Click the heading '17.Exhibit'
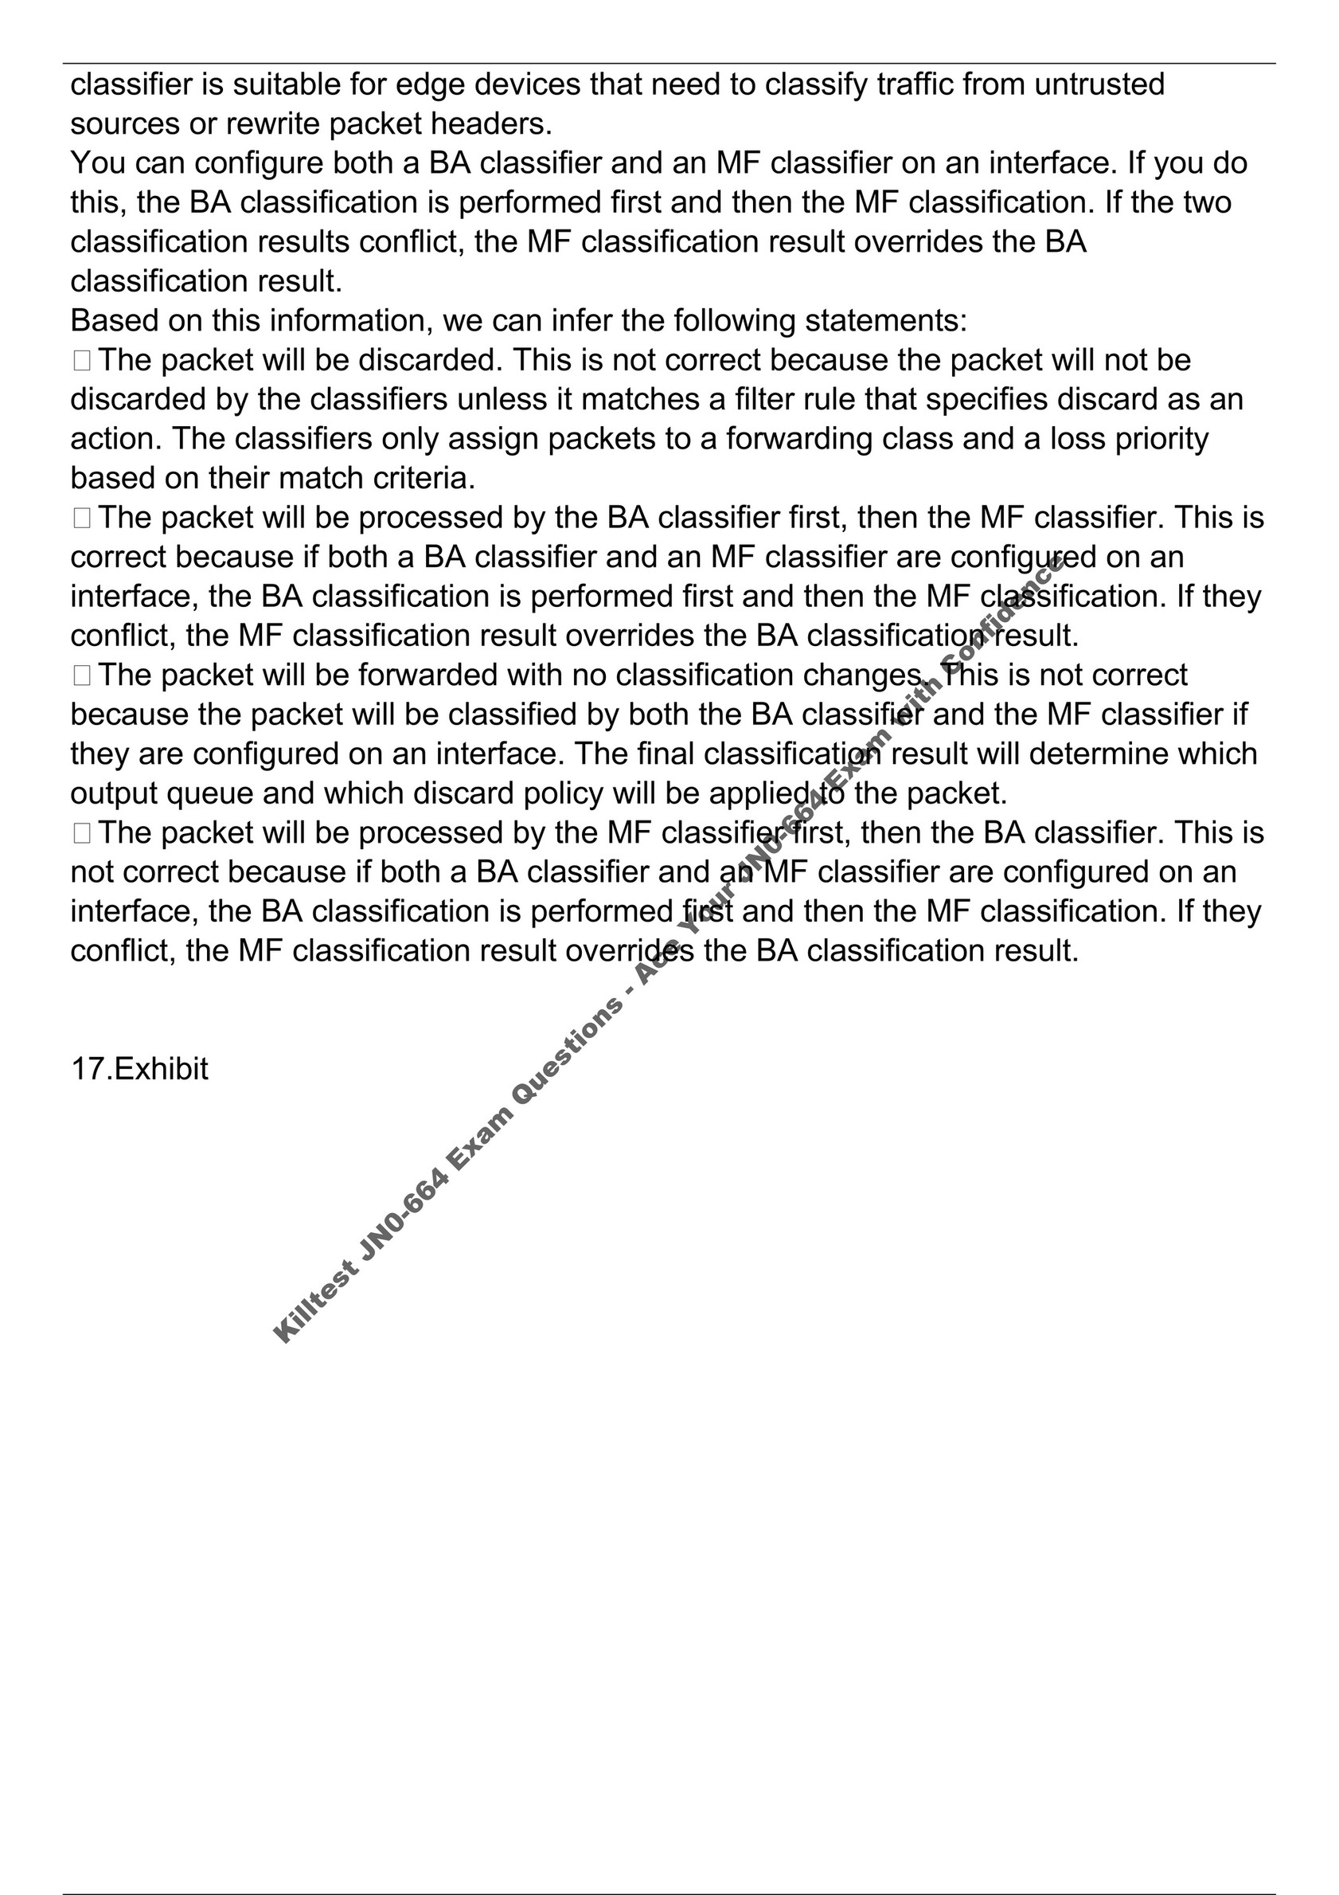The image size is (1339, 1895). (139, 1069)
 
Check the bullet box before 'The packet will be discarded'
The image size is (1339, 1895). (81, 361)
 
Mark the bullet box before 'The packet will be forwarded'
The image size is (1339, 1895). (81, 676)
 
